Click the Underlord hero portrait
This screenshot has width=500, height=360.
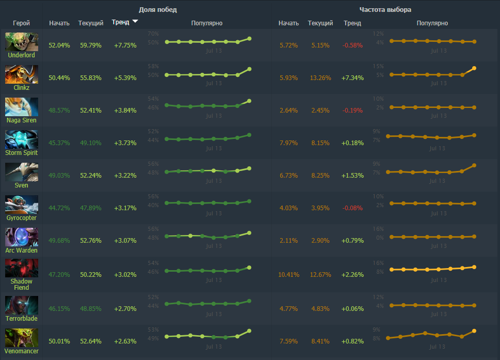click(22, 42)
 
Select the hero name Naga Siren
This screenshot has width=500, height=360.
click(22, 120)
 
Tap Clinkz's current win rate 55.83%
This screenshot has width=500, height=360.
click(91, 78)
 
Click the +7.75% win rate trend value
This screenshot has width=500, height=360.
click(125, 45)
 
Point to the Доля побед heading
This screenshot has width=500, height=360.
click(158, 10)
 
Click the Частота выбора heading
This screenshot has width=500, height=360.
click(385, 10)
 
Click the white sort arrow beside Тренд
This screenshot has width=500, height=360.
click(135, 22)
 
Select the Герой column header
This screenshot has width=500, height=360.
click(22, 23)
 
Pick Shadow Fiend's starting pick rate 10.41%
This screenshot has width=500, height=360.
click(288, 274)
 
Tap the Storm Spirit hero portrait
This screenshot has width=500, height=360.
click(22, 139)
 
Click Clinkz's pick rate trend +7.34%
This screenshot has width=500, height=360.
click(352, 78)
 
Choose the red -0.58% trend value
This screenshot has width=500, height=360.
click(352, 45)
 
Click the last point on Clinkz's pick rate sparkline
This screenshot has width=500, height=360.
click(474, 68)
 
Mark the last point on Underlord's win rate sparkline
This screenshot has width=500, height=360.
click(249, 38)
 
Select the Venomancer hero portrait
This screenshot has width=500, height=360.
click(22, 337)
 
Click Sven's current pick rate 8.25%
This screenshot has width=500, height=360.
click(320, 176)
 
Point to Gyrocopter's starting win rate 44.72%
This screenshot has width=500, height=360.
click(59, 208)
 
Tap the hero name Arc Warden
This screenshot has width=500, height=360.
click(22, 251)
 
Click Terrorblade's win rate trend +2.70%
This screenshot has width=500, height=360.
click(125, 309)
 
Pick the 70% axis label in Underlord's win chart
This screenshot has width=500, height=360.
click(153, 34)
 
